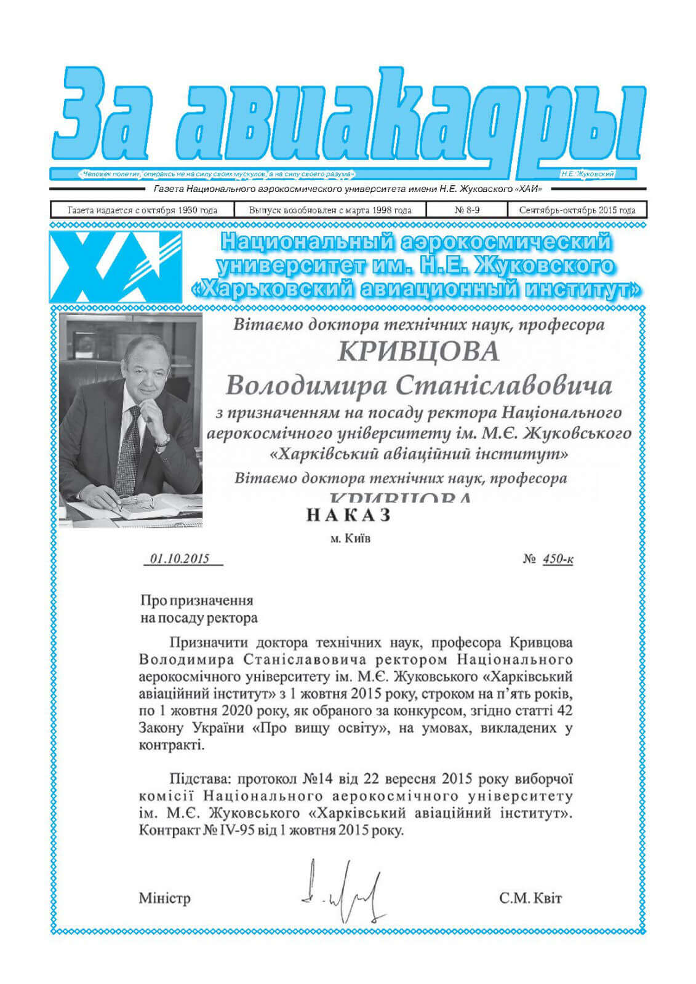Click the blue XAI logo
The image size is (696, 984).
[x=115, y=266]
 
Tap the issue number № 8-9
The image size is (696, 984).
[x=467, y=210]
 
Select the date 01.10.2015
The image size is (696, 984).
[x=180, y=559]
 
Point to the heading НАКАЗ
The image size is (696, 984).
[x=348, y=515]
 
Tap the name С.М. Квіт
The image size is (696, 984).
[x=530, y=898]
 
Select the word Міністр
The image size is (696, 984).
[x=164, y=898]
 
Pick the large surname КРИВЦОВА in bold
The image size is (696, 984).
[x=418, y=352]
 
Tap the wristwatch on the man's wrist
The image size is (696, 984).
[x=162, y=439]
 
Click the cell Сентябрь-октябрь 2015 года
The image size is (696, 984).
[x=577, y=210]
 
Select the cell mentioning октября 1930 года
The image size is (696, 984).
[x=142, y=210]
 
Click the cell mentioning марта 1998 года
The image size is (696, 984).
[x=330, y=210]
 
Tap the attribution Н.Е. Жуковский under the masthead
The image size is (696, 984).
[x=587, y=174]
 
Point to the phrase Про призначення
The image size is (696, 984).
[x=196, y=600]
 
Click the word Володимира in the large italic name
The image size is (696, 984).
[x=306, y=386]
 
